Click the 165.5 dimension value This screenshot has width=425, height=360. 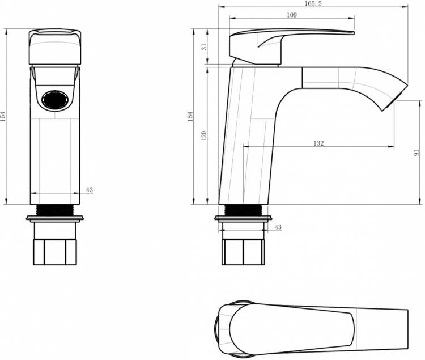pyautogui.click(x=313, y=3)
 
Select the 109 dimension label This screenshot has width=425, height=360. pyautogui.click(x=292, y=15)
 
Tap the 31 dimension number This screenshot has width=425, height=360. pyautogui.click(x=205, y=46)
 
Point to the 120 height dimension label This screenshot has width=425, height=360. pyautogui.click(x=204, y=135)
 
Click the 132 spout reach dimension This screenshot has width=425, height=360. pyautogui.click(x=318, y=143)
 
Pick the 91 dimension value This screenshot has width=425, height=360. pyautogui.click(x=416, y=153)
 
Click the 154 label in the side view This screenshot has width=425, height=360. pyautogui.click(x=190, y=116)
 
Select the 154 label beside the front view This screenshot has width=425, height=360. pyautogui.click(x=3, y=116)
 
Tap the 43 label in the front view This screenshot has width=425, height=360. pyautogui.click(x=90, y=190)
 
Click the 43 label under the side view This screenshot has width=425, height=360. pyautogui.click(x=278, y=227)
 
